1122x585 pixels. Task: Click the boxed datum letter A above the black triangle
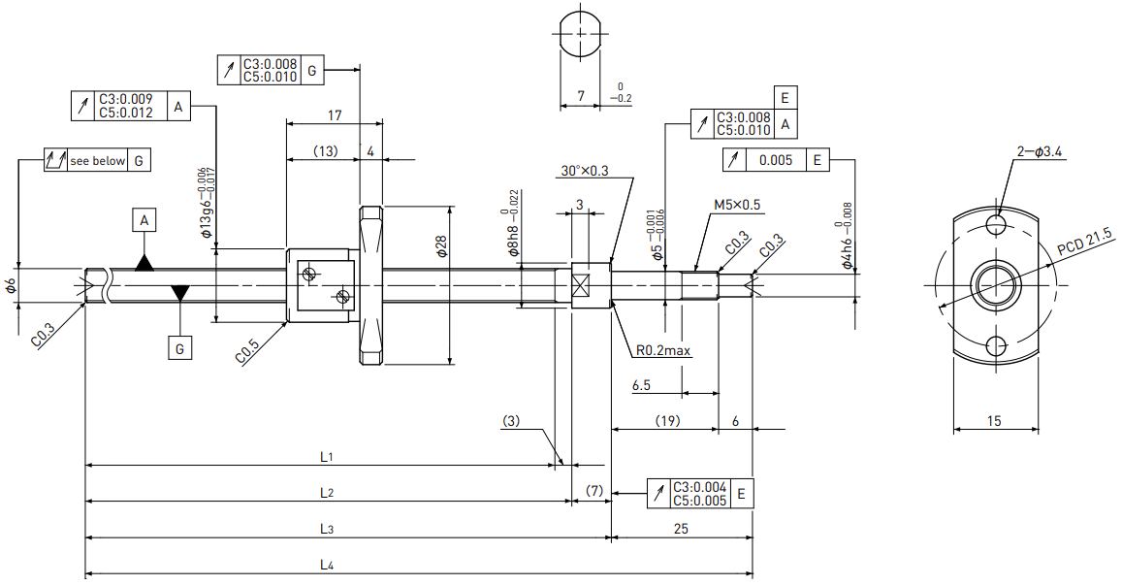point(144,220)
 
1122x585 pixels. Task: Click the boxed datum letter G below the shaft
point(179,348)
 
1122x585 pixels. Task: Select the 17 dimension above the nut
point(335,114)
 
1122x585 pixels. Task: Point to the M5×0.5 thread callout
point(737,206)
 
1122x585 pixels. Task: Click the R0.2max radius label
point(663,350)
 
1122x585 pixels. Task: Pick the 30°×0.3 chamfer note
point(585,171)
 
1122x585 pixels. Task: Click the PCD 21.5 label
point(1085,242)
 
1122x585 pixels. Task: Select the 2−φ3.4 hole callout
point(1039,151)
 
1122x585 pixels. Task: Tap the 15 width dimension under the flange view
point(995,421)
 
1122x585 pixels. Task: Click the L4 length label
point(326,565)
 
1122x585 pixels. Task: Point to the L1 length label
point(326,457)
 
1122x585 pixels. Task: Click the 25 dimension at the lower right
point(681,529)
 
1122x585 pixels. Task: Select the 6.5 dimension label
point(641,385)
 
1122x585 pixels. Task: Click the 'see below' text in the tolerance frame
point(97,161)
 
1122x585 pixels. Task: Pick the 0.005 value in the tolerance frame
point(776,160)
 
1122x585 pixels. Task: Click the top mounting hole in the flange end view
point(995,224)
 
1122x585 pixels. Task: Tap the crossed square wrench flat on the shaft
point(580,285)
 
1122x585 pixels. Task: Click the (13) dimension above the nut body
point(326,151)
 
